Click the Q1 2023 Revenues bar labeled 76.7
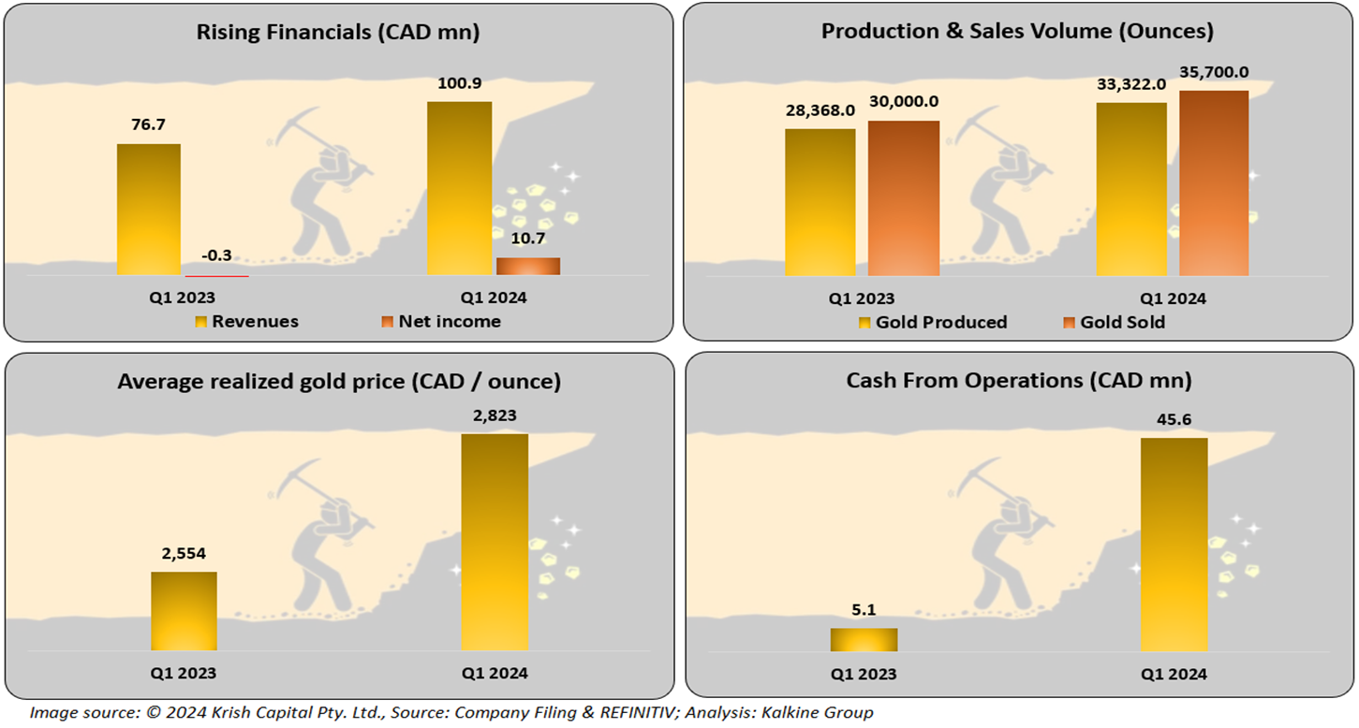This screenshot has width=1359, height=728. (x=149, y=209)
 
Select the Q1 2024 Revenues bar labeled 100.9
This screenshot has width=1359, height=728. (x=459, y=187)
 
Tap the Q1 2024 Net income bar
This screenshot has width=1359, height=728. (x=528, y=266)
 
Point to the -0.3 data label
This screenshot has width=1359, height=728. (x=217, y=256)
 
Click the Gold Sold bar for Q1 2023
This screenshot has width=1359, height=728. (x=904, y=197)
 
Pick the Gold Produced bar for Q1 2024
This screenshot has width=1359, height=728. (x=1131, y=188)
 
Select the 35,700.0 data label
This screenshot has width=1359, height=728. (x=1214, y=72)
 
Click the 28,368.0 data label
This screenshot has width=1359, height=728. (x=820, y=110)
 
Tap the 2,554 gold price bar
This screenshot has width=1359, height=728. (x=184, y=610)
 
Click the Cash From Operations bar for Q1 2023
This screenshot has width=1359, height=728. (x=864, y=639)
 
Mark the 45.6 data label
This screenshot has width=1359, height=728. (x=1174, y=418)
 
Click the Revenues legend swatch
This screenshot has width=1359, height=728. (x=200, y=323)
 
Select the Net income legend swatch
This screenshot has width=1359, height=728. (x=386, y=323)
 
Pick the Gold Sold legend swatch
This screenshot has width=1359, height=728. (x=1068, y=323)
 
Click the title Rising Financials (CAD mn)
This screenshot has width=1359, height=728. (x=338, y=32)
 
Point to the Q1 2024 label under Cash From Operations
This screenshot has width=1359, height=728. (x=1174, y=674)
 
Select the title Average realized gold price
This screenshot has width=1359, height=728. (x=339, y=382)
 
